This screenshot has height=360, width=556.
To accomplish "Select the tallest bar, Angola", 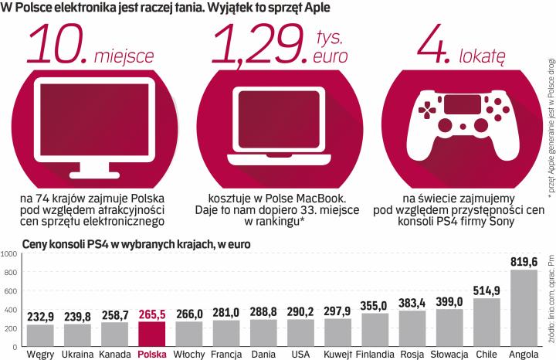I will pyautogui.click(x=525, y=307).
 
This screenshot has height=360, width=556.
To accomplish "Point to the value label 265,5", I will pyautogui.click(x=152, y=314).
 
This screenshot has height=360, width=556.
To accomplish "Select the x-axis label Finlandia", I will pyautogui.click(x=375, y=355).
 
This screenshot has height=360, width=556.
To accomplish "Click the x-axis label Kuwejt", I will pyautogui.click(x=338, y=355).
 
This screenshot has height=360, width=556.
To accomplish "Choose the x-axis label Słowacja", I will pyautogui.click(x=450, y=355).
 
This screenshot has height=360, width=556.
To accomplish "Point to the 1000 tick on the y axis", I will pyautogui.click(x=10, y=253).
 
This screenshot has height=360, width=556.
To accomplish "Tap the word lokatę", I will pyautogui.click(x=483, y=56).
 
